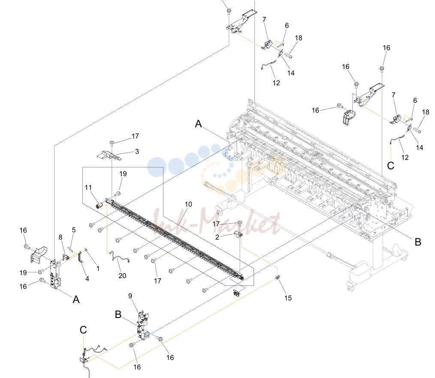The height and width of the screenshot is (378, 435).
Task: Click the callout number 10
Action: pyautogui.click(x=188, y=204)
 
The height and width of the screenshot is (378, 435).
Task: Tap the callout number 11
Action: pyautogui.click(x=88, y=188)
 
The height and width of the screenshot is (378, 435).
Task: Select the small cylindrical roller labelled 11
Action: pyautogui.click(x=99, y=206)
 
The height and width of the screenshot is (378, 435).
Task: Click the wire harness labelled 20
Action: pyautogui.click(x=120, y=257)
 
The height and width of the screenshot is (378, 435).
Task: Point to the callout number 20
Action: pyautogui.click(x=122, y=276)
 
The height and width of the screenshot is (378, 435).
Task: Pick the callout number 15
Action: pyautogui.click(x=288, y=298)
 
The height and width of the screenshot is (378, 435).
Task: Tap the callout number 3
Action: pyautogui.click(x=137, y=151)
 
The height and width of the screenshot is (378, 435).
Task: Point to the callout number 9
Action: pyautogui.click(x=130, y=296)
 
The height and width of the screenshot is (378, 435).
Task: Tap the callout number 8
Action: pyautogui.click(x=60, y=237)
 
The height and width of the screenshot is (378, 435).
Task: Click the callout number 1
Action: pyautogui.click(x=98, y=268)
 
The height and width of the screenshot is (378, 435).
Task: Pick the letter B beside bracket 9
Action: pyautogui.click(x=118, y=315)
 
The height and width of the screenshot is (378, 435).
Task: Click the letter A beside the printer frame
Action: pyautogui.click(x=198, y=123)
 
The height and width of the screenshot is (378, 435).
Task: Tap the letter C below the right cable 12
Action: pyautogui.click(x=391, y=166)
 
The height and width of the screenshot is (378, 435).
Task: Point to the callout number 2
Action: pyautogui.click(x=217, y=237)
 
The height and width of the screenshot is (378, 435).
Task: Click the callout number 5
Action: pyautogui.click(x=74, y=230)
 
